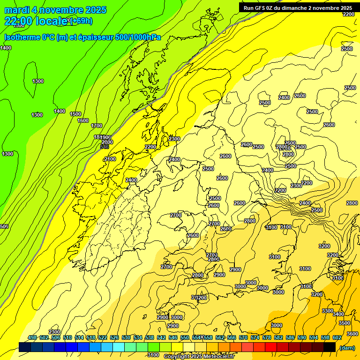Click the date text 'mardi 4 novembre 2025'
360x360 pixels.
55,10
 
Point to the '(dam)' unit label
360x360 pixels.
346,347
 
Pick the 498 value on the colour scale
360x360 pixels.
32,338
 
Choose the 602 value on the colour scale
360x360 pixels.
336,338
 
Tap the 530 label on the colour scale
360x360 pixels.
126,338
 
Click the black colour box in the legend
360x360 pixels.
330,347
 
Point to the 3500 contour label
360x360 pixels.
345,323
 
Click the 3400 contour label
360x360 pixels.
338,314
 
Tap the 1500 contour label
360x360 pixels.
75,114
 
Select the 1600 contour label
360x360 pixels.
83,120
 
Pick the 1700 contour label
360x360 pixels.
97,126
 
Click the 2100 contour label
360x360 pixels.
110,159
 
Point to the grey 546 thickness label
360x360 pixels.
105,147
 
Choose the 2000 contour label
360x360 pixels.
107,142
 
